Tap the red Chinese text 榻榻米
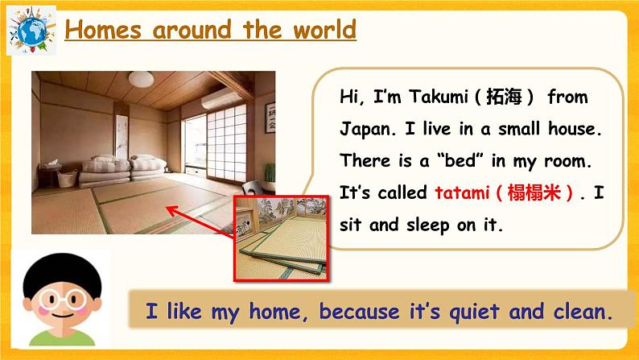tap(534, 193)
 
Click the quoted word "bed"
tap(458, 161)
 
